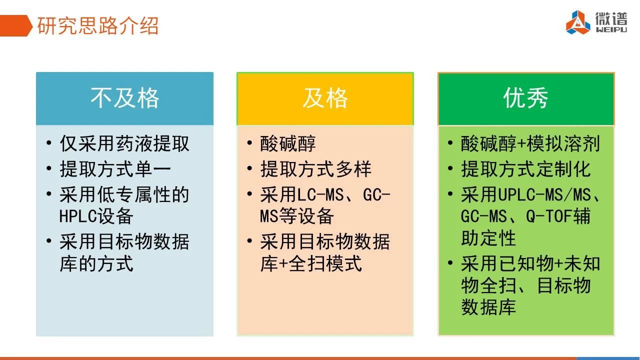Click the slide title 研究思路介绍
coord(97,25)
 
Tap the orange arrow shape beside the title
coord(15,25)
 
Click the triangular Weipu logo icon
coord(578,22)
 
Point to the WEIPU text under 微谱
coord(611,29)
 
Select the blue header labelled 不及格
coord(124,98)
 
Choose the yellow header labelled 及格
coord(325,98)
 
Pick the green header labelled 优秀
coord(526,98)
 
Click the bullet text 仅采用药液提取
coord(124,143)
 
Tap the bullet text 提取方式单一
coord(115,169)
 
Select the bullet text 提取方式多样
coord(315,169)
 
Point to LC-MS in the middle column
coord(320,195)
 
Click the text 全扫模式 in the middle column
coord(325,263)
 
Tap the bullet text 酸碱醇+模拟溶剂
coord(530,143)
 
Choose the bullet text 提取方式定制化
coord(525,169)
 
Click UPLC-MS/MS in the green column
coord(544,195)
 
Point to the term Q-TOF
coord(549,216)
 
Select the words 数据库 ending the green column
coord(488,307)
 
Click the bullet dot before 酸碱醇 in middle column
coord(249,142)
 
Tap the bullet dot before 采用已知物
coord(450,262)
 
